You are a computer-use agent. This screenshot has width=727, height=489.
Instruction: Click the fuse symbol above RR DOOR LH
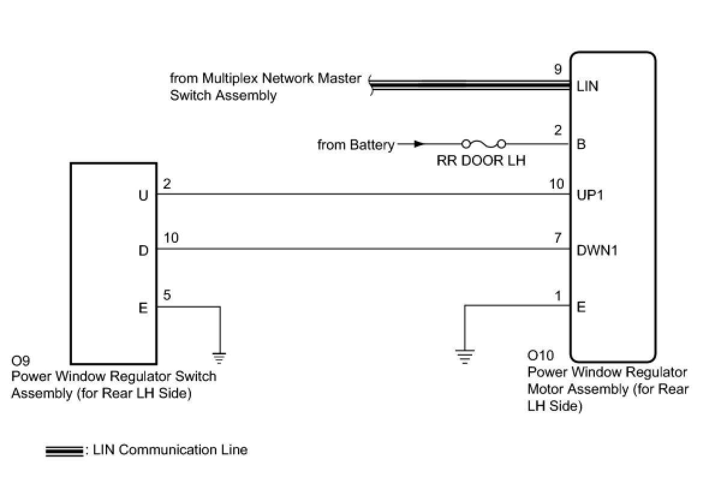click(484, 144)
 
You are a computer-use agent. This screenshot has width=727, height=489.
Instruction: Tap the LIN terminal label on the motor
click(587, 87)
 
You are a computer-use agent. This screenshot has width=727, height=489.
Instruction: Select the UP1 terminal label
click(590, 195)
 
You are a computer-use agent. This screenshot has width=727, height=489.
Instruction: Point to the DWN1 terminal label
click(597, 251)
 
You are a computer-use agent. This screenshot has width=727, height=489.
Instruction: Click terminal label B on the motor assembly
click(581, 144)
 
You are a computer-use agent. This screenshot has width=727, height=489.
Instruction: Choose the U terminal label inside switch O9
click(144, 195)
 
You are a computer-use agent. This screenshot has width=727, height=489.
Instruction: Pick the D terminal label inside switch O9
click(144, 251)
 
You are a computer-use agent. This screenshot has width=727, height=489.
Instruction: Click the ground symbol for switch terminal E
click(219, 358)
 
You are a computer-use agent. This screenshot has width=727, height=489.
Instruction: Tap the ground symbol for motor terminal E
click(465, 357)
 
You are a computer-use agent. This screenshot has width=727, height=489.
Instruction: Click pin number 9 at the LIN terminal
click(558, 69)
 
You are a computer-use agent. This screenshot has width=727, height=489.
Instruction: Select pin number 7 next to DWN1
click(558, 238)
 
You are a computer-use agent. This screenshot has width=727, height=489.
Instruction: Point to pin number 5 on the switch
click(167, 295)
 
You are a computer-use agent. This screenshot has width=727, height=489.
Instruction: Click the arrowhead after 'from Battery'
click(419, 144)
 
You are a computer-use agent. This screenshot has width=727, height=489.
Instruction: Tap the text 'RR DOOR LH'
click(481, 160)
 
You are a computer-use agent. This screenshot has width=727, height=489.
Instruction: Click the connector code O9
click(20, 360)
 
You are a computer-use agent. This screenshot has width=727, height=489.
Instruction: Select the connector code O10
click(541, 356)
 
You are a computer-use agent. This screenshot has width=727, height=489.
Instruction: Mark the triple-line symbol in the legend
click(64, 451)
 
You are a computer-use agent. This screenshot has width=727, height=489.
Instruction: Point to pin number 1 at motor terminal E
click(558, 296)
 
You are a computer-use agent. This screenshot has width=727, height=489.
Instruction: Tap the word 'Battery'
click(373, 145)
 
